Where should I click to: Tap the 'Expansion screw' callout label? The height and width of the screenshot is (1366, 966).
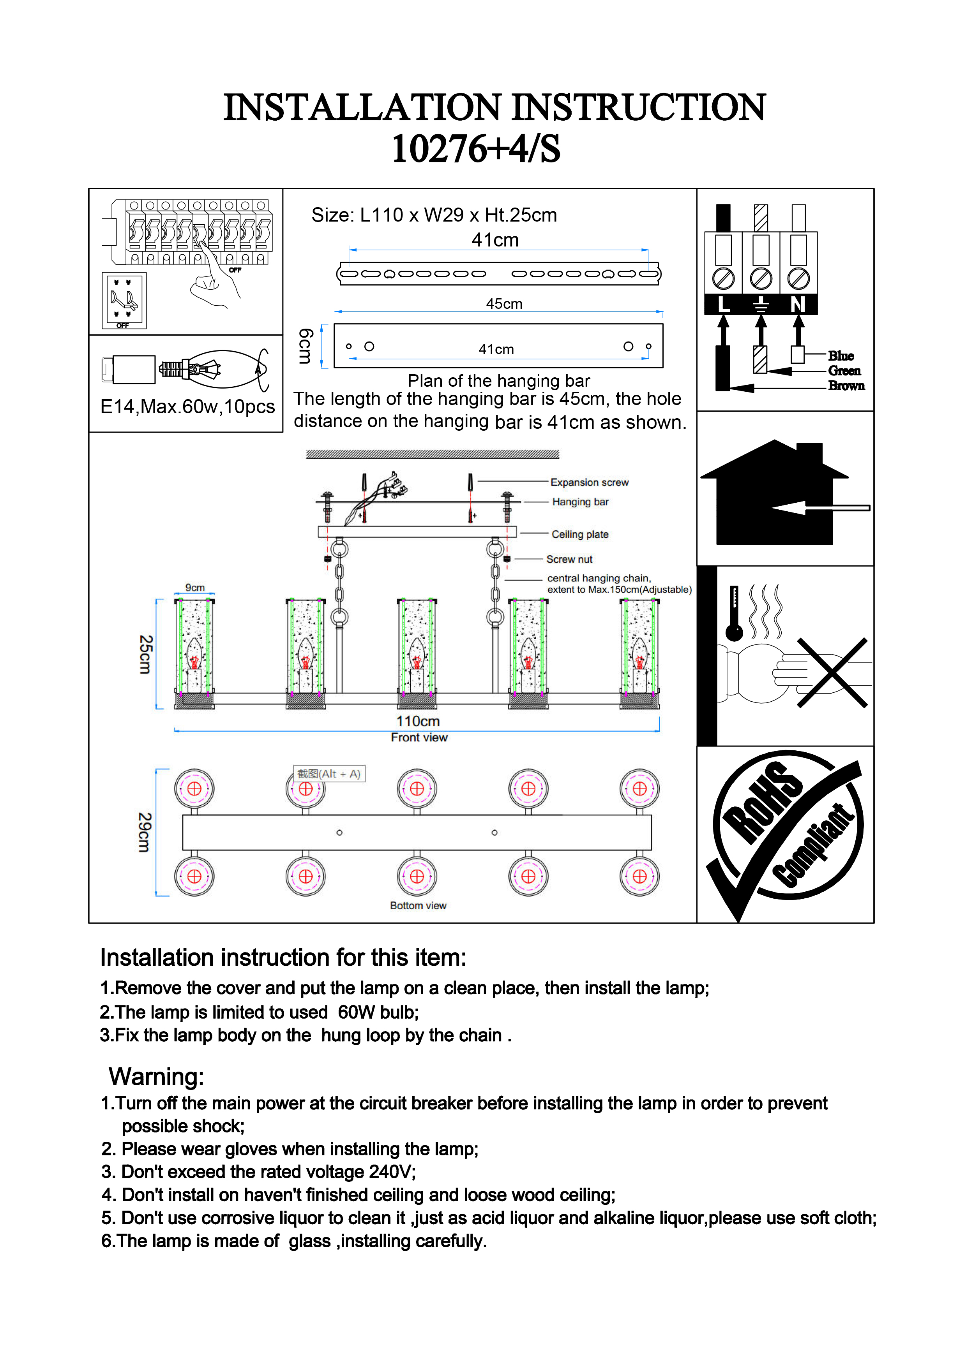pyautogui.click(x=589, y=482)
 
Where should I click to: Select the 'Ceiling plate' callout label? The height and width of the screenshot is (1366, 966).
pyautogui.click(x=580, y=534)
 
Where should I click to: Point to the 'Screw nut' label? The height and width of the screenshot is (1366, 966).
pyautogui.click(x=569, y=559)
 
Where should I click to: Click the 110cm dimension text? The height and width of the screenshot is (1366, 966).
pyautogui.click(x=418, y=721)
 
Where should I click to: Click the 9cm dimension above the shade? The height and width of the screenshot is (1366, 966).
pyautogui.click(x=194, y=588)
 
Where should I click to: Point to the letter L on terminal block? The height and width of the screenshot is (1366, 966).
pyautogui.click(x=723, y=305)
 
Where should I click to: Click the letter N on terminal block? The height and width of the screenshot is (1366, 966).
pyautogui.click(x=798, y=305)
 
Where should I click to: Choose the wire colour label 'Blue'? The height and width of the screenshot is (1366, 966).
pyautogui.click(x=841, y=356)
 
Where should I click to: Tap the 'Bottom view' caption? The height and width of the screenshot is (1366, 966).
pyautogui.click(x=418, y=905)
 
